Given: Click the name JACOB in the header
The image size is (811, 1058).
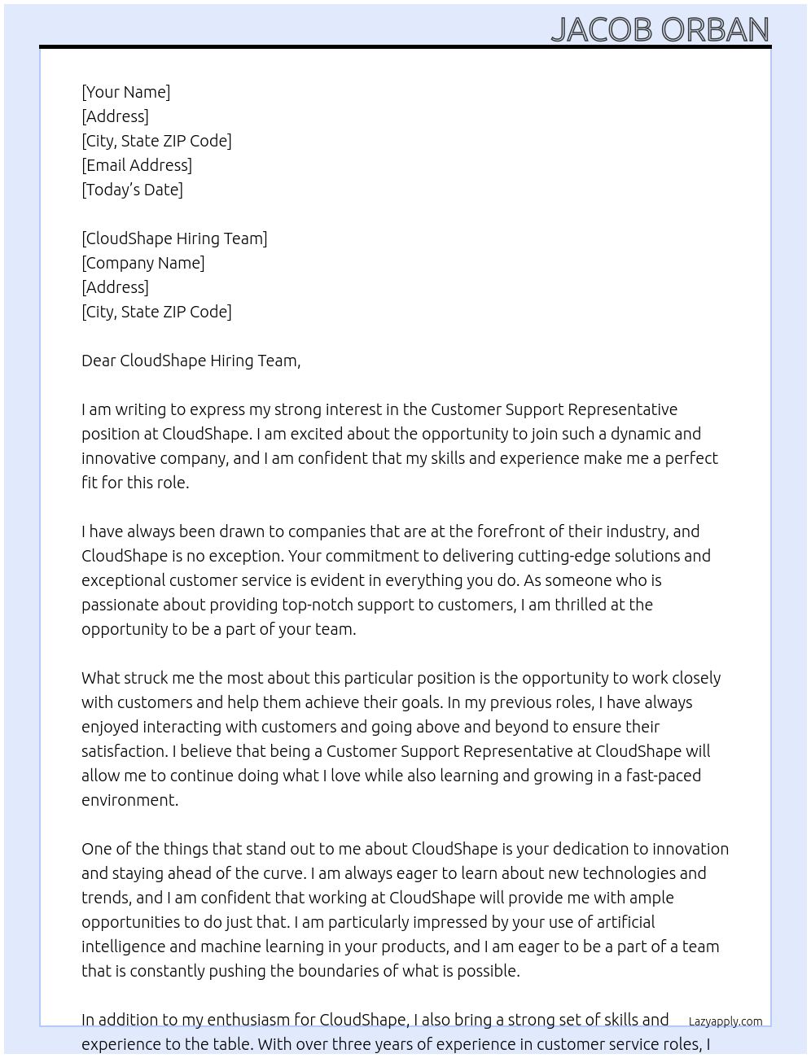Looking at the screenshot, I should tap(602, 29).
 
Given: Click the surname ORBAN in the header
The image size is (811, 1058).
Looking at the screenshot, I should tap(715, 29).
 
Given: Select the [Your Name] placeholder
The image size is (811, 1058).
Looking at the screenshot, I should tap(125, 92).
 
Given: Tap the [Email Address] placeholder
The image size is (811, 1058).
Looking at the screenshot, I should tap(137, 165).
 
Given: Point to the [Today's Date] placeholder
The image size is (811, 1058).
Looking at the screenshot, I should tap(132, 190).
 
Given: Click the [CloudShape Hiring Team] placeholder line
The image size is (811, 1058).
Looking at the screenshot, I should tap(174, 238).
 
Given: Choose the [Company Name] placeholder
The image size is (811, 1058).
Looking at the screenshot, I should tap(142, 263).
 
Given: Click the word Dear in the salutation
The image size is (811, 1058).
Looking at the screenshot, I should tap(99, 361).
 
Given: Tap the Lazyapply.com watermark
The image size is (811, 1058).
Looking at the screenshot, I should tap(725, 1021).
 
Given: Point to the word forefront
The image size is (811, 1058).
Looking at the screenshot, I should tap(515, 531).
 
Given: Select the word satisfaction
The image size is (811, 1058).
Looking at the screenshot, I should tap(124, 751).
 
